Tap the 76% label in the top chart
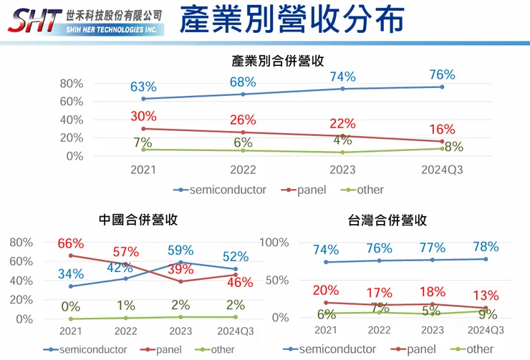click(x=442, y=75)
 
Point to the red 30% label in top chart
click(x=144, y=117)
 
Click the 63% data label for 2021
click(x=143, y=87)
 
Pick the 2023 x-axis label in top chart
click(x=342, y=170)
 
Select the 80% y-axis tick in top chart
click(x=71, y=83)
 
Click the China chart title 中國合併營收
click(x=138, y=220)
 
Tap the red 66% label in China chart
click(x=71, y=243)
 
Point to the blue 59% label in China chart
click(x=180, y=250)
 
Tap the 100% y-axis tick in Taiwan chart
click(x=274, y=242)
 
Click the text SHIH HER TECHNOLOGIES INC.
click(x=110, y=29)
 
